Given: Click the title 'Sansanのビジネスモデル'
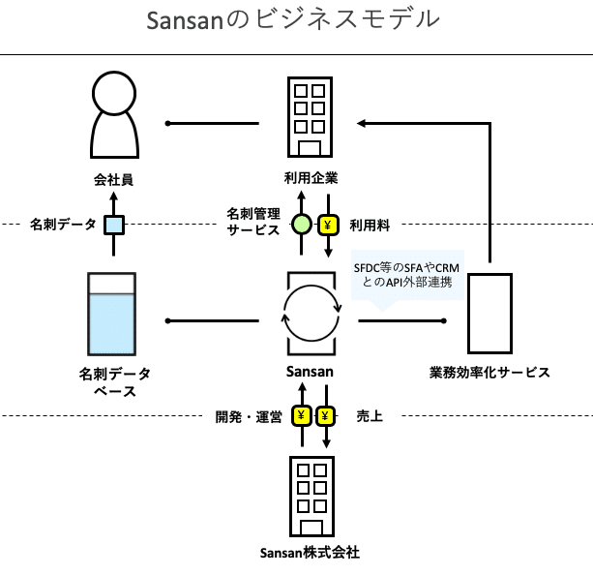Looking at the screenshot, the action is pyautogui.click(x=293, y=19).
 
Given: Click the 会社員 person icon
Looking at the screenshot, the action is pyautogui.click(x=114, y=114).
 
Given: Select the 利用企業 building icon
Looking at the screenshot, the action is pyautogui.click(x=310, y=117).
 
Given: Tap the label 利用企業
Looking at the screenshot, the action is pyautogui.click(x=311, y=178).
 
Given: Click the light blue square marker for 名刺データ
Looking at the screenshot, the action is pyautogui.click(x=114, y=225).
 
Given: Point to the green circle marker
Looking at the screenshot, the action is pyautogui.click(x=302, y=225).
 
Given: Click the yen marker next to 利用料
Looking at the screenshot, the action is pyautogui.click(x=328, y=226).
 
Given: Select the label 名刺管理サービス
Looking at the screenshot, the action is pyautogui.click(x=253, y=222).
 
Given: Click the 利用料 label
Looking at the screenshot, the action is pyautogui.click(x=370, y=226).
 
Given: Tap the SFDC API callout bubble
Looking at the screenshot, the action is pyautogui.click(x=407, y=276).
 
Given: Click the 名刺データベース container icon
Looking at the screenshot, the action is pyautogui.click(x=112, y=314).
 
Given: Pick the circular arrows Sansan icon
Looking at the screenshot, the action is pyautogui.click(x=311, y=314).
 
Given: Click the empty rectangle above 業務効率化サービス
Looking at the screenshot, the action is pyautogui.click(x=489, y=314).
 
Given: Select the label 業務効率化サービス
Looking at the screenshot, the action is pyautogui.click(x=489, y=373).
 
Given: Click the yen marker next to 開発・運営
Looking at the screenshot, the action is pyautogui.click(x=302, y=416).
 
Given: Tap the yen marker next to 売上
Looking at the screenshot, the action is pyautogui.click(x=325, y=416).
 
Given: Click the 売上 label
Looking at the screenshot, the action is pyautogui.click(x=370, y=416).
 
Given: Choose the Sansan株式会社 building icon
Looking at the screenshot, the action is pyautogui.click(x=312, y=497).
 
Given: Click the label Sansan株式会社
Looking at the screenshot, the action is pyautogui.click(x=310, y=553).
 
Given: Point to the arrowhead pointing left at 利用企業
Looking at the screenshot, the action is pyautogui.click(x=361, y=123).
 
